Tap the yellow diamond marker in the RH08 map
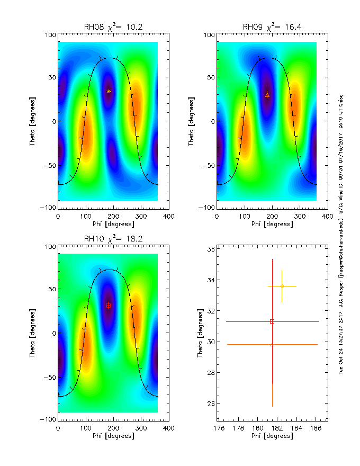109,91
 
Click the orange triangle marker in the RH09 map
267,95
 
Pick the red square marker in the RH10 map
109,305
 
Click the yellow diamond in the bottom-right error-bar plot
282,286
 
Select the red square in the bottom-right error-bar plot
272,321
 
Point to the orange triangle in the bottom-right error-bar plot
272,344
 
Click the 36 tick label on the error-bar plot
211,249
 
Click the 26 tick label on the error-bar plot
211,404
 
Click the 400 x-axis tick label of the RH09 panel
327,216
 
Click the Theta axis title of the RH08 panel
33,121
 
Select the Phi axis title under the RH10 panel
112,436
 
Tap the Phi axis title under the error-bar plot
271,436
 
